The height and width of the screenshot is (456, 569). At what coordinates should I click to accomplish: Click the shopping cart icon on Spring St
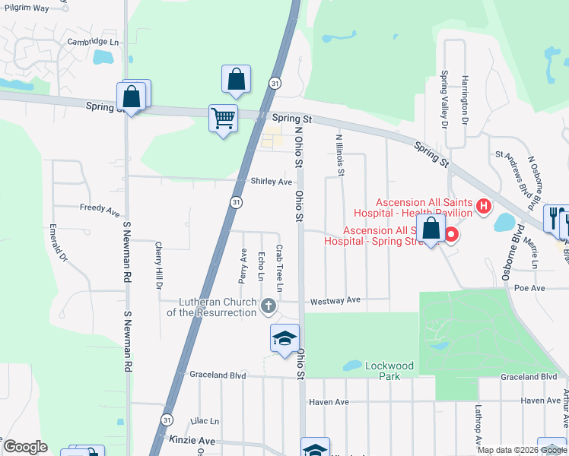(x=223, y=119)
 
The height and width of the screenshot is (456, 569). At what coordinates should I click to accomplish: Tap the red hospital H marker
(x=482, y=205)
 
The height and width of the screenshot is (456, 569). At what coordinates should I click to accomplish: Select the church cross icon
(x=267, y=306)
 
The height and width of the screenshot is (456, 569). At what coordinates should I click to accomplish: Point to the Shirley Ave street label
(x=272, y=182)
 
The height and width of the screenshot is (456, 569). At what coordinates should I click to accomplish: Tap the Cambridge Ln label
(x=94, y=42)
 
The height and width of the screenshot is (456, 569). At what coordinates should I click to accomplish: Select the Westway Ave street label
(x=335, y=300)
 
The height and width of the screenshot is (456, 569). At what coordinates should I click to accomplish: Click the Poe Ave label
(x=530, y=289)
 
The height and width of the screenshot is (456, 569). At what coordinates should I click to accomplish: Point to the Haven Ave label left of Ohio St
(x=328, y=401)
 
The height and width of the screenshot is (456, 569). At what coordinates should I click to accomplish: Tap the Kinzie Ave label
(x=196, y=441)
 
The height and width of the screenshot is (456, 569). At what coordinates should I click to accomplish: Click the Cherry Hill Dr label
(x=158, y=266)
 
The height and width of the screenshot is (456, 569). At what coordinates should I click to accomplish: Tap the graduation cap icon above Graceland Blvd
(x=284, y=339)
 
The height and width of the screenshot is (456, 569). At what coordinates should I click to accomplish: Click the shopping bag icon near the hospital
(x=431, y=228)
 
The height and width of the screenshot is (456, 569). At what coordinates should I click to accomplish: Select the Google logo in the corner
(x=25, y=447)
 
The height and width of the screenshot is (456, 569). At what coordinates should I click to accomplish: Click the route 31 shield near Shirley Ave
(x=237, y=202)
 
